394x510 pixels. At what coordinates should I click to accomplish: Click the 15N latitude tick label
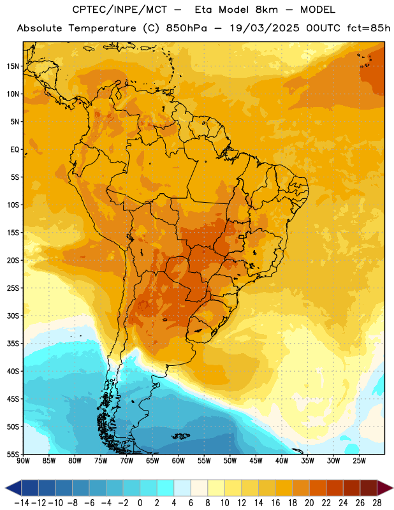[x=13, y=66]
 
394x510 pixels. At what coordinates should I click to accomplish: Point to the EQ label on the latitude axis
[x=15, y=150]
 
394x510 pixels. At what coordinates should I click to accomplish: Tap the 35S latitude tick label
[x=13, y=344]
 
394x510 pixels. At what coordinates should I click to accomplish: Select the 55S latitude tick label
[x=13, y=454]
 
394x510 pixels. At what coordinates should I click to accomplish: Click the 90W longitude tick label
[x=23, y=461]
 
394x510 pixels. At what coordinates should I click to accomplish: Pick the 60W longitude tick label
[x=179, y=461]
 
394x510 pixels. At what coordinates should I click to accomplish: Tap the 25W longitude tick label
[x=359, y=461]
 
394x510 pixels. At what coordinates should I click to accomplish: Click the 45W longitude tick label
[x=256, y=461]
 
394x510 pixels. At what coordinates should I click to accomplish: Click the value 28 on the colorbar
[x=377, y=503]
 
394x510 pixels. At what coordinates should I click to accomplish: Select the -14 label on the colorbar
[x=22, y=503]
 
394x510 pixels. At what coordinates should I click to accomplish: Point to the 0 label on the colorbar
[x=140, y=503]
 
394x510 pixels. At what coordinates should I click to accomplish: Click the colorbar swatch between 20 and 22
[x=318, y=488]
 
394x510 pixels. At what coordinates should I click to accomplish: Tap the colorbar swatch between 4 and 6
[x=182, y=488]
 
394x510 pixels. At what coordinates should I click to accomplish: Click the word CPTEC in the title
[x=85, y=10]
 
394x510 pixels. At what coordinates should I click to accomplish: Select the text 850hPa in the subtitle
[x=186, y=28]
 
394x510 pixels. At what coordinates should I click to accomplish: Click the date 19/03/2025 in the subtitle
[x=265, y=28]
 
